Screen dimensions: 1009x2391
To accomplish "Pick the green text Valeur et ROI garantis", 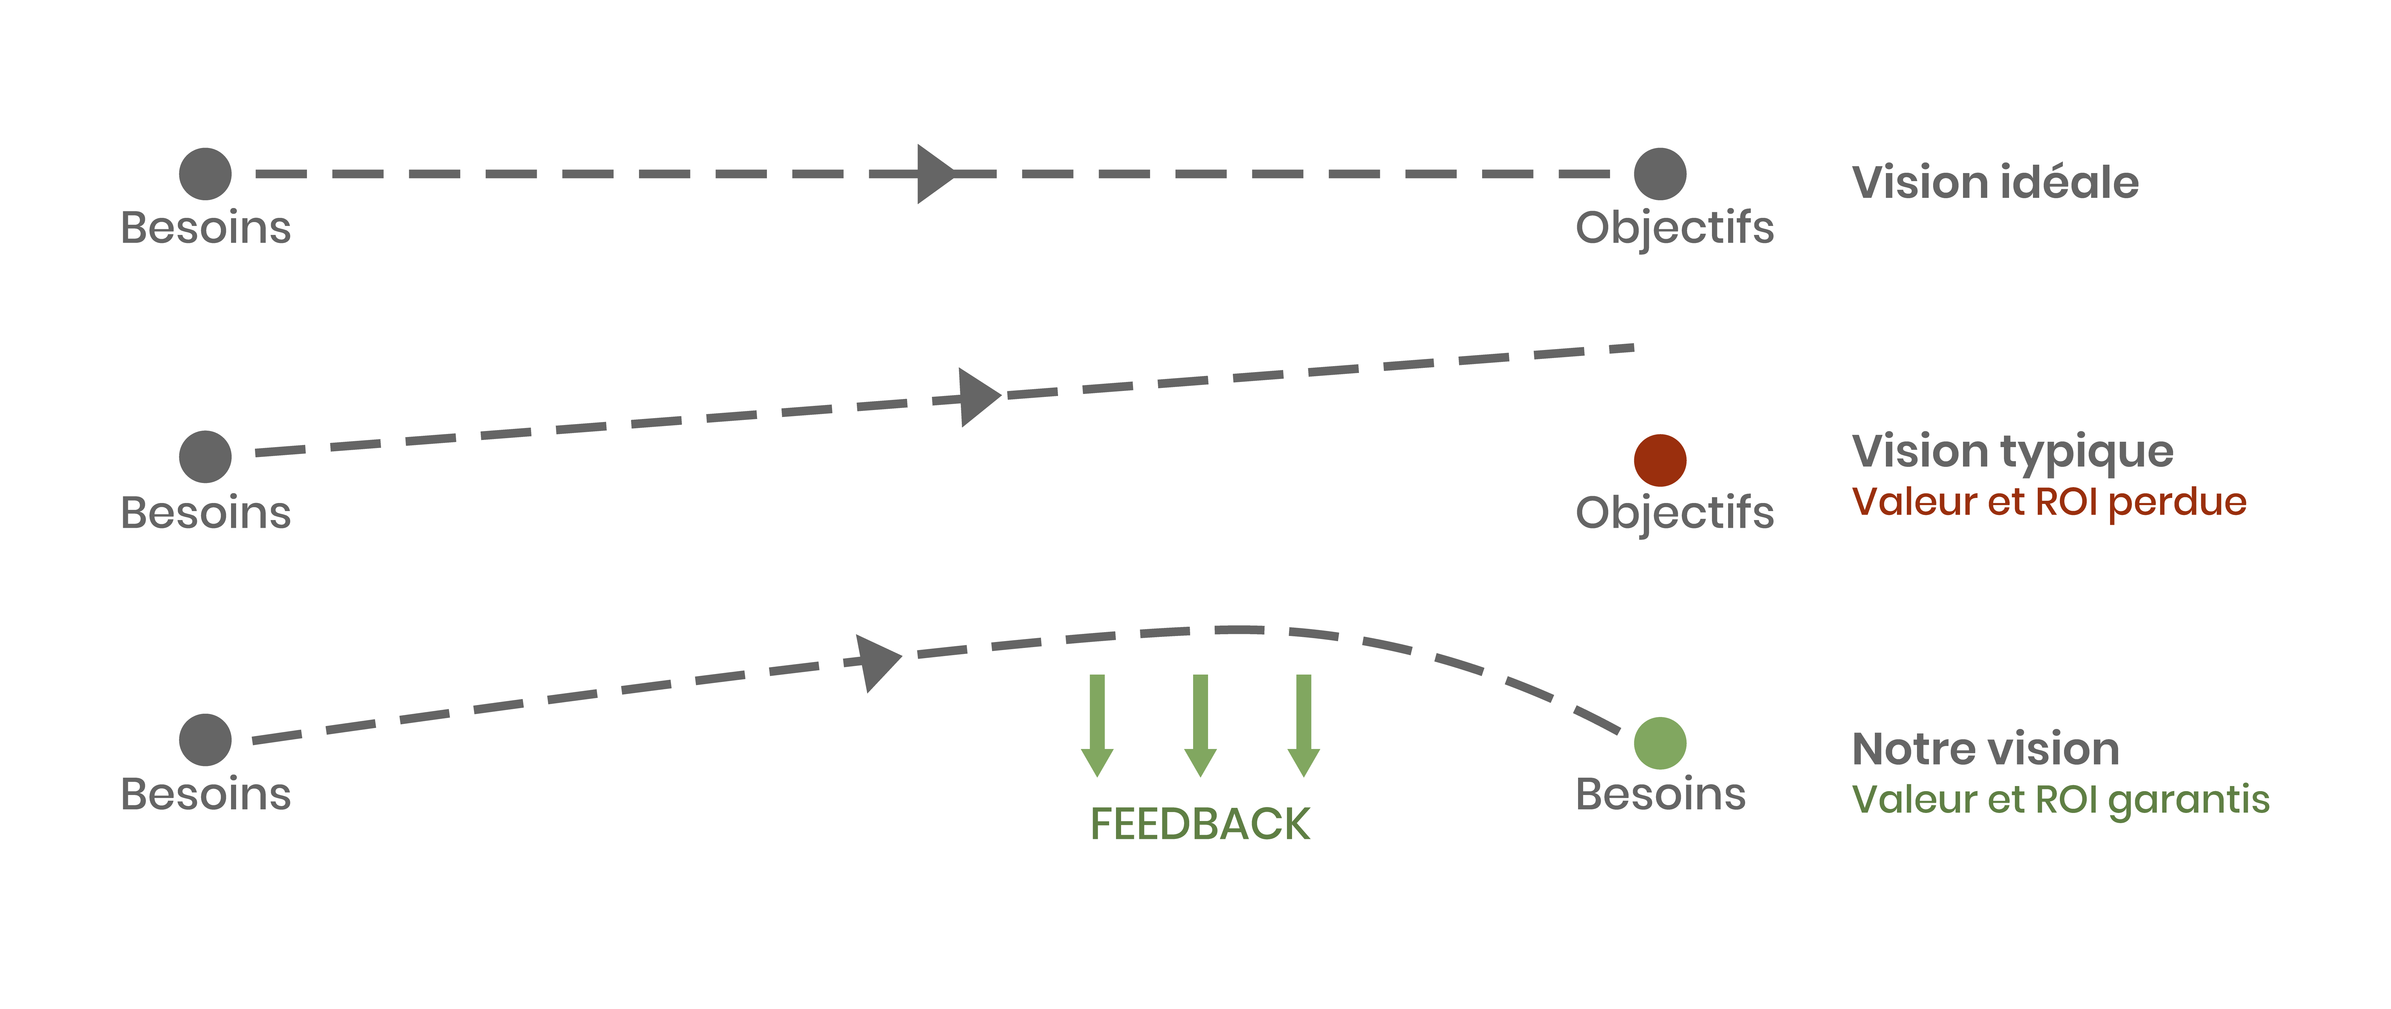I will pos(2060,799).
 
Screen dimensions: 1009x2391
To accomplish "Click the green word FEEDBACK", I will pos(1199,824).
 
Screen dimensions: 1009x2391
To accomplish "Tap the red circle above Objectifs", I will pos(1660,460).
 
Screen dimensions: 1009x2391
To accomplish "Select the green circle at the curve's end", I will pos(1660,744).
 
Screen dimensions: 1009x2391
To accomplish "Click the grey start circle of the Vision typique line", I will pos(205,457).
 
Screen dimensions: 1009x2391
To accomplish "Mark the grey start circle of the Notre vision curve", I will pos(205,740).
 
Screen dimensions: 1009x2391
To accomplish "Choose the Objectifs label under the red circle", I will pos(1674,513).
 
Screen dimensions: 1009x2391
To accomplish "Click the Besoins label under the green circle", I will pos(1661,795).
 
